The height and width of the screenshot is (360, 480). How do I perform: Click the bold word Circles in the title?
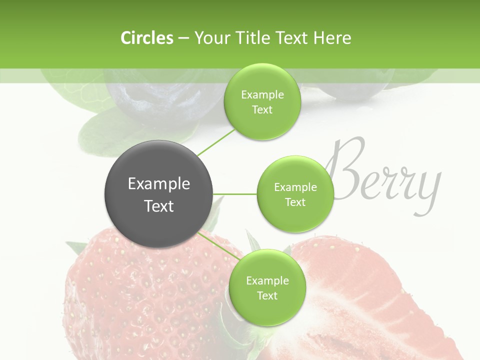point(146,37)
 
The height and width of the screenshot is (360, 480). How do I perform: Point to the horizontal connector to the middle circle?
point(235,194)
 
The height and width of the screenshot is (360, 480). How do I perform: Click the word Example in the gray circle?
point(159,184)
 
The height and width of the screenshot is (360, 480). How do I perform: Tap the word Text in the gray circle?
point(159,205)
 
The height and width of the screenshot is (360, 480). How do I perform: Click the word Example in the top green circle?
point(262,94)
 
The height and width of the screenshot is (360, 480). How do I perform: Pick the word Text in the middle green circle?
point(295,202)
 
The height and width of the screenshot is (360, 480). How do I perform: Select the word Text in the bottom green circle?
point(267,295)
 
